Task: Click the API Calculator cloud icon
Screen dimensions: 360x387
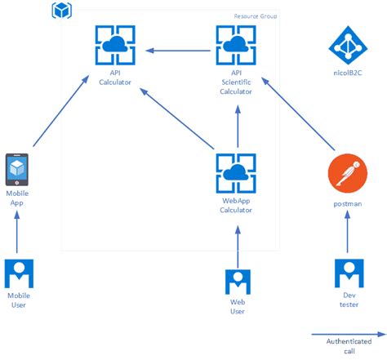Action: pyautogui.click(x=114, y=45)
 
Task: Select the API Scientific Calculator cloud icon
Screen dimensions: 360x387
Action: pyautogui.click(x=236, y=45)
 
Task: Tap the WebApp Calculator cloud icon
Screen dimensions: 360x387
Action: pyautogui.click(x=236, y=172)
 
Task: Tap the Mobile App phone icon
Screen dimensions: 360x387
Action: pyautogui.click(x=17, y=171)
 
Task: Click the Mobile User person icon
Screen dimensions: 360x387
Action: pyautogui.click(x=17, y=273)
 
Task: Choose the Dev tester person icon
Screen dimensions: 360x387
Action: pyautogui.click(x=348, y=274)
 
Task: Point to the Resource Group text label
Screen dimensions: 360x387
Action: pyautogui.click(x=256, y=16)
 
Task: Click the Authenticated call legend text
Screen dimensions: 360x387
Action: pyautogui.click(x=349, y=345)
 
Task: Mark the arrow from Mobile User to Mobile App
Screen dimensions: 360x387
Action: pyautogui.click(x=17, y=233)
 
